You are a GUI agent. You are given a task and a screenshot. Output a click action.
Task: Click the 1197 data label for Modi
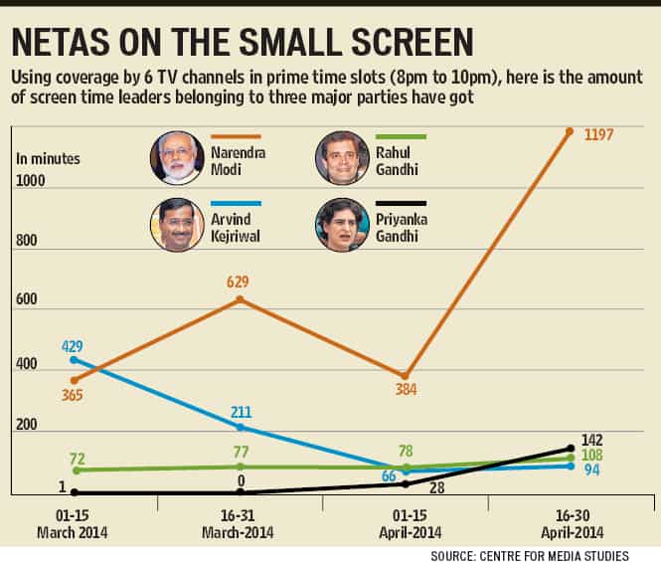coord(598,135)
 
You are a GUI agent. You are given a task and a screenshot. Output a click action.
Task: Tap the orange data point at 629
coord(240,299)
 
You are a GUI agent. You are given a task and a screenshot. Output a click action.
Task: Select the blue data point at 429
coord(74,359)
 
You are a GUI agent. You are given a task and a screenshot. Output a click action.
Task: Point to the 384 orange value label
coord(406,389)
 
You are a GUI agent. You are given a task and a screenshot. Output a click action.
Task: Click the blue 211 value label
coord(241,412)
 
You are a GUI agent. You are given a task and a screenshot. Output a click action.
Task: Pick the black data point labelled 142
coord(571,448)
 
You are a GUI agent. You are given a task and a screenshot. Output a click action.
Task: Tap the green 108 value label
coord(591,455)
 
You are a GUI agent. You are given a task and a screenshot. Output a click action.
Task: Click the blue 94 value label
coord(591,470)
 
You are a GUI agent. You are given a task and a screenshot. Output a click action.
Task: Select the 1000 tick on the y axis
coord(31,181)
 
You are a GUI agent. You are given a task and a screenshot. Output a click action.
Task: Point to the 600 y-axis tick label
coord(26,299)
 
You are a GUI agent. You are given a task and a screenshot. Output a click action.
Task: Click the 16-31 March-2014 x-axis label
coord(238,524)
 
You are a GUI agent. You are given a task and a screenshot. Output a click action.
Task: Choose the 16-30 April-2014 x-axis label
coord(573,524)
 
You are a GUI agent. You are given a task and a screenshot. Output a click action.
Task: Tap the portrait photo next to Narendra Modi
coord(178,158)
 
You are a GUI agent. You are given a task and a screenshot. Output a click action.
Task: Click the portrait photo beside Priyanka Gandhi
coord(342,225)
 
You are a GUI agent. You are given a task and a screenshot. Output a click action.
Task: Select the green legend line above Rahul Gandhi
coord(401,136)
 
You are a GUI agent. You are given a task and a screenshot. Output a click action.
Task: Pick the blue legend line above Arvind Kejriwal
coord(237,203)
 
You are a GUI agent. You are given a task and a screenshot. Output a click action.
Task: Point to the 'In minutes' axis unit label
coord(48,159)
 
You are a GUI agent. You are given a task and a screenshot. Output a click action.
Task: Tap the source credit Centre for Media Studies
coord(530,556)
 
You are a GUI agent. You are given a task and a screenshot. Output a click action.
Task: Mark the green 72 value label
coord(78,459)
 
